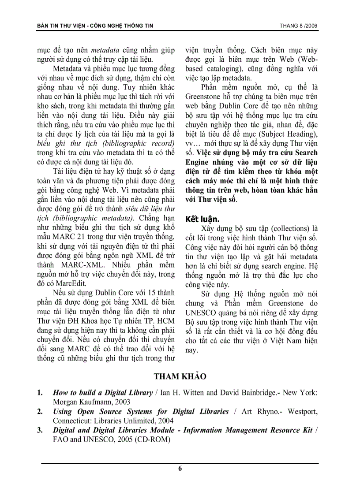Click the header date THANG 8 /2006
coord(298,26)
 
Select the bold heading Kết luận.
coord(202,219)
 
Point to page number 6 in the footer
coord(180,469)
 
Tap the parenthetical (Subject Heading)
coord(285,134)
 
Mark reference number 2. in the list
coord(40,412)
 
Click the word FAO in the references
coord(60,440)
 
